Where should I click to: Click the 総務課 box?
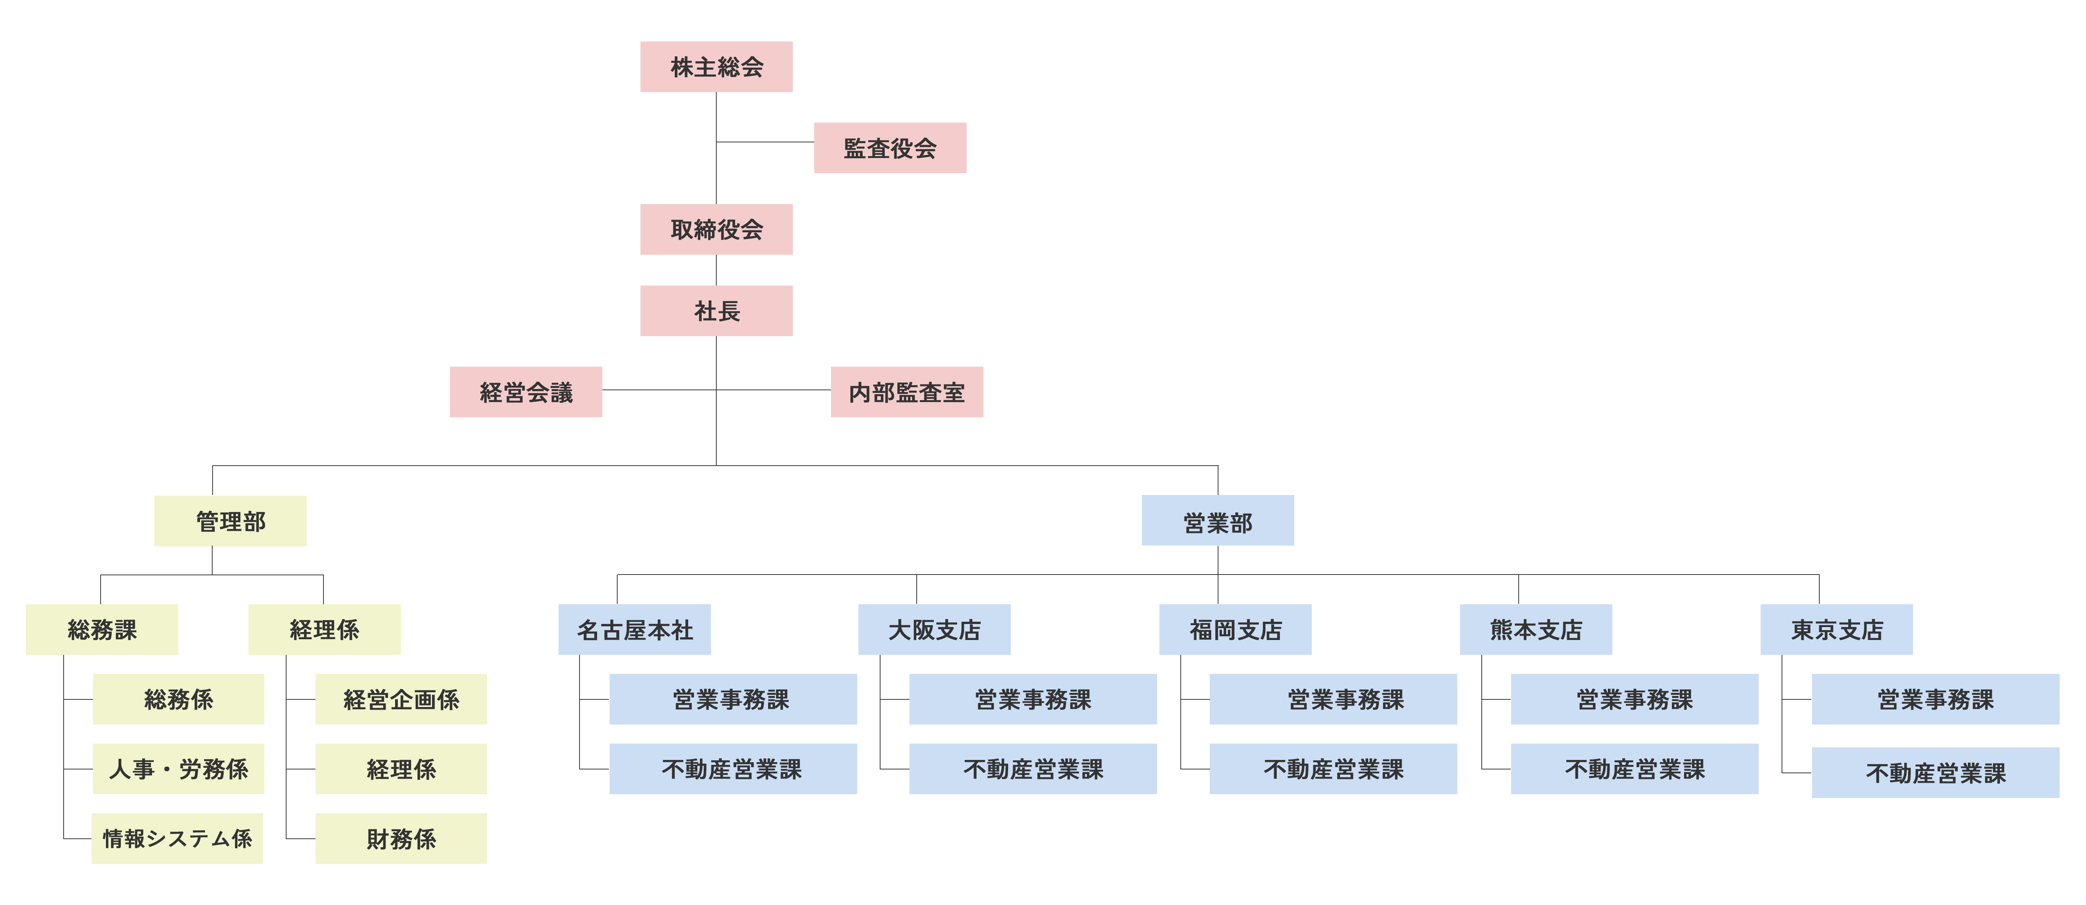102,630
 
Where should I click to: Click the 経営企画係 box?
401,699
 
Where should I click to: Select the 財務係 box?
401,839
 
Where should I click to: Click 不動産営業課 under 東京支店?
1936,773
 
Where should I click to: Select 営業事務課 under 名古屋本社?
732,699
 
